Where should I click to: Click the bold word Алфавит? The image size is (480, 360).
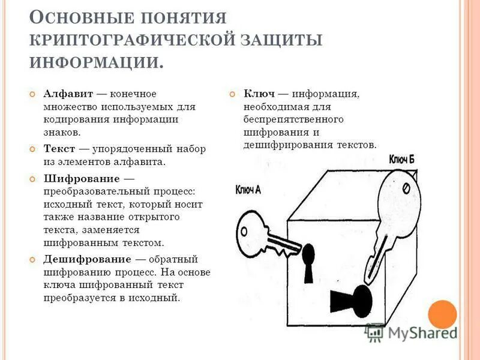click(x=67, y=94)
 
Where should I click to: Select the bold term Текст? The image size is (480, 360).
click(x=58, y=148)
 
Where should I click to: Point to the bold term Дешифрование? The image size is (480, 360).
click(x=87, y=259)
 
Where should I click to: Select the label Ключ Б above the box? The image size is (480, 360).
click(x=401, y=159)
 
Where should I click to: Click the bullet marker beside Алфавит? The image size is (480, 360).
click(x=34, y=95)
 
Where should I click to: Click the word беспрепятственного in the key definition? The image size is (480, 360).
click(x=293, y=119)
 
